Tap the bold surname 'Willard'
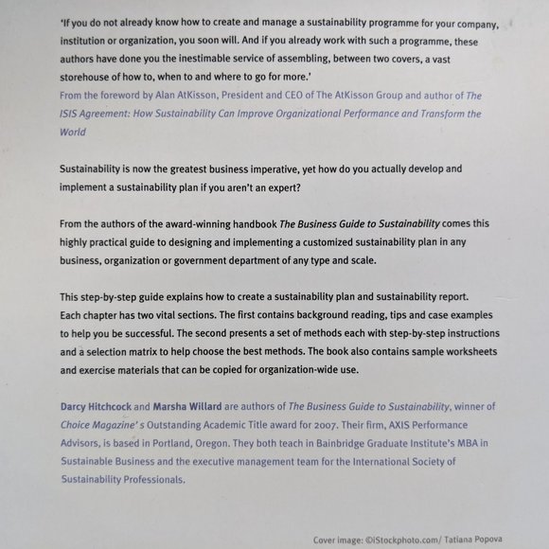tap(213, 406)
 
